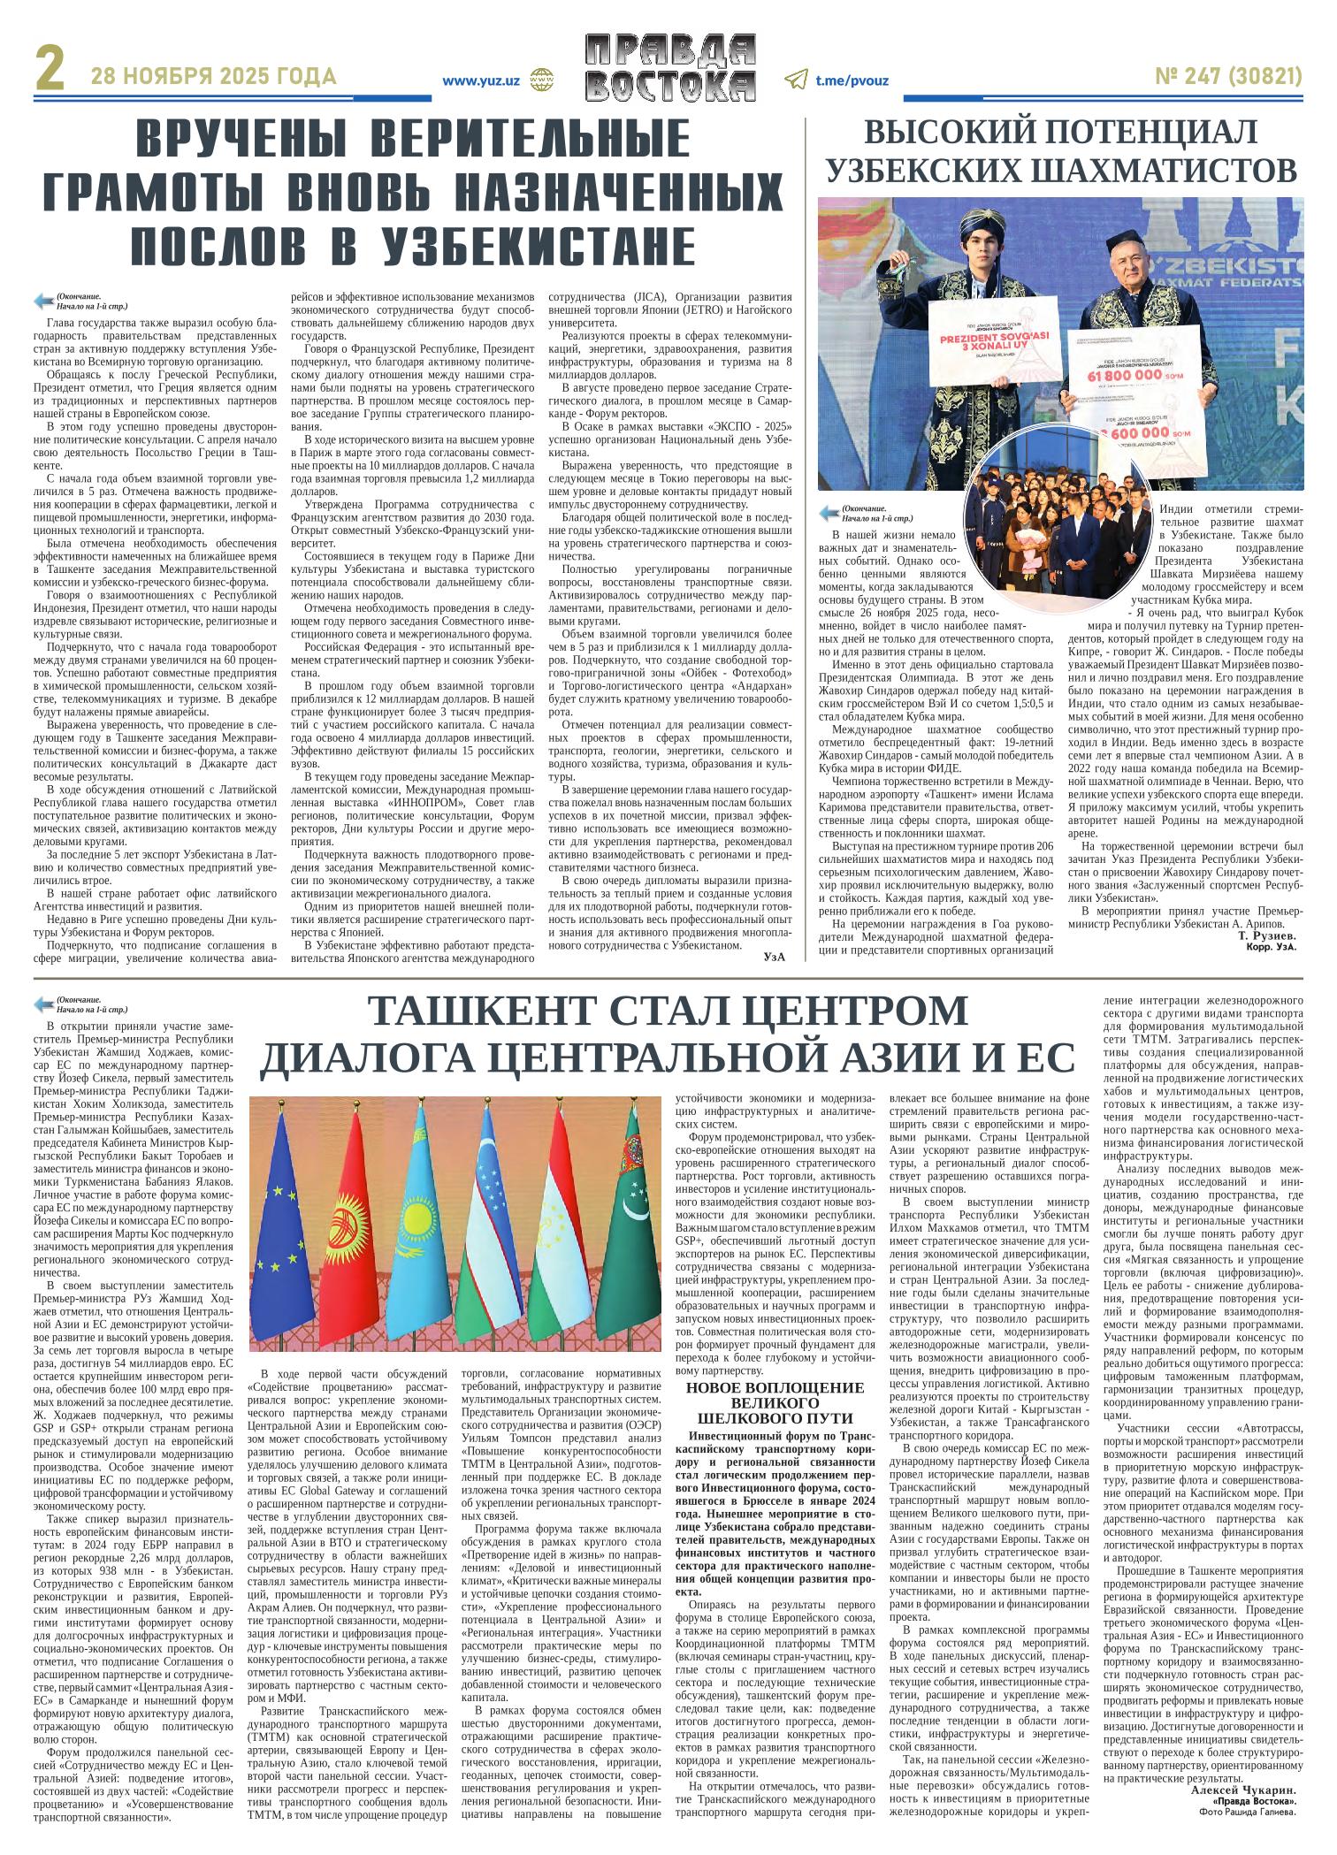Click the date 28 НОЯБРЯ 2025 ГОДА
pos(213,78)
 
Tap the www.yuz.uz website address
pos(480,80)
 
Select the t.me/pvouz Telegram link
pos(852,80)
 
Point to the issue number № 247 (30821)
pos(1228,78)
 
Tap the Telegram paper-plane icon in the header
pos(796,80)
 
